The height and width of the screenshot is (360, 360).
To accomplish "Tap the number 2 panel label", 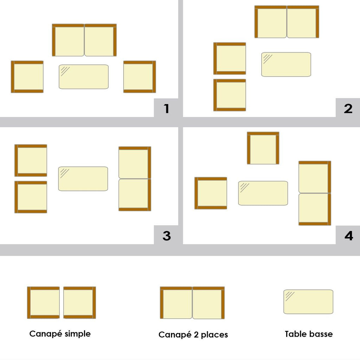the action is [348, 108].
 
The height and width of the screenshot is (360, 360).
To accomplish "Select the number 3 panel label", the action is [167, 236].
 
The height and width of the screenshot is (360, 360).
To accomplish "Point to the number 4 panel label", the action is [349, 236].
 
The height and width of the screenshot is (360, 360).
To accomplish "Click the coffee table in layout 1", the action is [84, 77].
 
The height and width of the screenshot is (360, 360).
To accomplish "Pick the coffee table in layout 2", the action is [286, 65].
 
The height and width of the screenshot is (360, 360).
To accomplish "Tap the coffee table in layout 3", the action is [83, 179].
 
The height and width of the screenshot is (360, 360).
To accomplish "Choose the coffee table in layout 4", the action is [263, 193].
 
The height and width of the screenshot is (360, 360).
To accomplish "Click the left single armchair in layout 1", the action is [27, 77].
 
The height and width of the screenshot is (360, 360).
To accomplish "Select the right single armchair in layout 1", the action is [140, 77].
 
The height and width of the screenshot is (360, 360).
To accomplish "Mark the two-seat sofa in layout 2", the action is [287, 21].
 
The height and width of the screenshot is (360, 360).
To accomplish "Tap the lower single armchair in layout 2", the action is [230, 95].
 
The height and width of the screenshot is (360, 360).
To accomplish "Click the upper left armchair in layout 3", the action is [31, 160].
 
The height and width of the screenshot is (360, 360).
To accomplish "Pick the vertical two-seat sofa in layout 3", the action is [135, 179].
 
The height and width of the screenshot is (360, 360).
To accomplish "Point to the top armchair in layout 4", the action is [263, 148].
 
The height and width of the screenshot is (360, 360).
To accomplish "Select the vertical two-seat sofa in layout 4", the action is [315, 193].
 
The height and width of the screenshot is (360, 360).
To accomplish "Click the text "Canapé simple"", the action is [60, 334].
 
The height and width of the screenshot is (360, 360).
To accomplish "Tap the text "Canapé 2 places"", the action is [193, 335].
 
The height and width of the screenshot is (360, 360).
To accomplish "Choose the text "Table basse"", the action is [309, 334].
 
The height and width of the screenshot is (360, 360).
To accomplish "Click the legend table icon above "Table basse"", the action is [308, 302].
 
